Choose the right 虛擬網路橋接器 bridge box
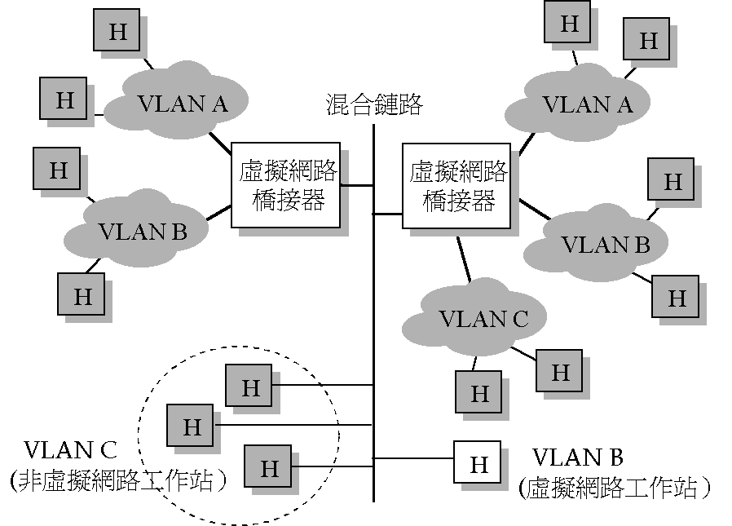pyautogui.click(x=457, y=186)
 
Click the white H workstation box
pyautogui.click(x=478, y=464)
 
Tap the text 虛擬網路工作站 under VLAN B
pyautogui.click(x=615, y=488)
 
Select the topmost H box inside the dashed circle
pyautogui.click(x=250, y=387)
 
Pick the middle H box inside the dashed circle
pyautogui.click(x=192, y=426)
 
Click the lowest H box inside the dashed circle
pyautogui.click(x=269, y=468)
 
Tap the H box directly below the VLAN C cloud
pyautogui.click(x=479, y=394)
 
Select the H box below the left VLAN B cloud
pyautogui.click(x=82, y=295)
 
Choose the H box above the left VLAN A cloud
pyautogui.click(x=117, y=32)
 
